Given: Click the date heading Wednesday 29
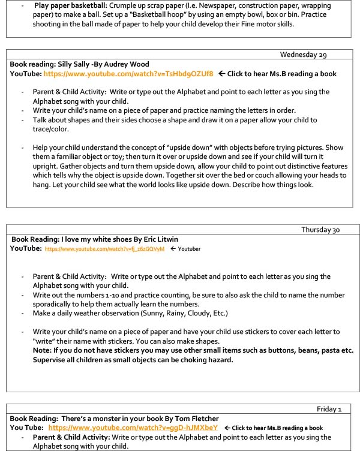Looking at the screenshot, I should [x=303, y=55].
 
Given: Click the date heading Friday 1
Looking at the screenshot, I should [x=329, y=409].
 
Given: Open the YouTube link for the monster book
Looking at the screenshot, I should [x=133, y=428].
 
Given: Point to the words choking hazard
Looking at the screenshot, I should [x=206, y=360].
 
